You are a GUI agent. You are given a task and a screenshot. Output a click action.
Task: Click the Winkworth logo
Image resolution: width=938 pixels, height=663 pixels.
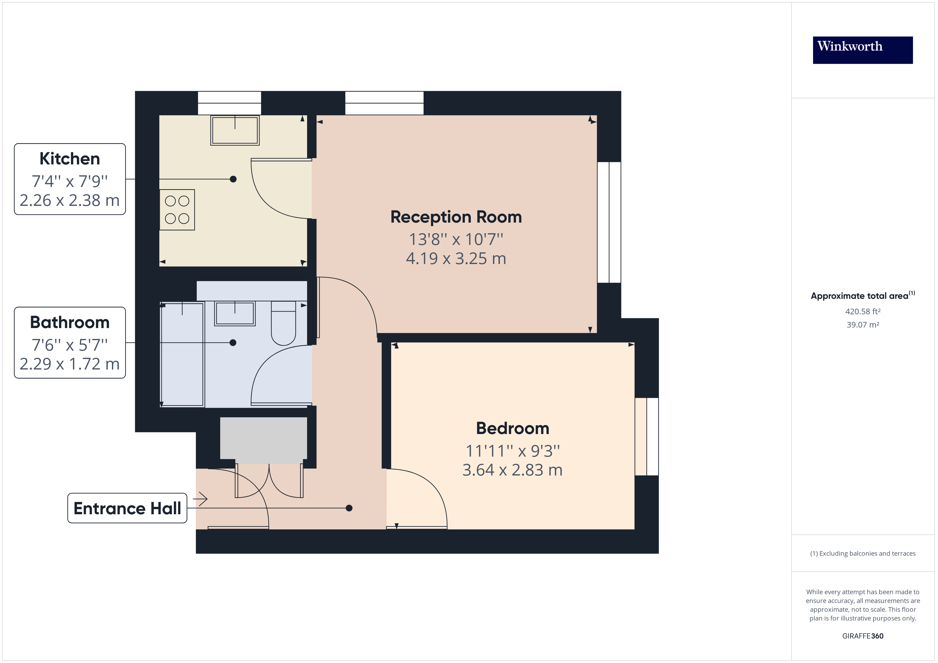click(x=862, y=50)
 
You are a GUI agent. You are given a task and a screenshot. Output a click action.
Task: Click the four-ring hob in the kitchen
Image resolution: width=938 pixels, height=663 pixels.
click(x=177, y=210)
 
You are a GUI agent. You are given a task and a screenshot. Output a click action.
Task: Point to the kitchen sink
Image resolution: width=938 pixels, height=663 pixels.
click(x=235, y=130)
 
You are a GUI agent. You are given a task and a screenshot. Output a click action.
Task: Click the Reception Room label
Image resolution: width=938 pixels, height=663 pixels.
click(x=456, y=217)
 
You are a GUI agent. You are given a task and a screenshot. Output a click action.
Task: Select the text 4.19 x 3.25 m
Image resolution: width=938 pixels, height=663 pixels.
click(x=456, y=258)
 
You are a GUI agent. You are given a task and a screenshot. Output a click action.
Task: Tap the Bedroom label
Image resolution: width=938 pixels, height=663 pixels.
click(x=512, y=428)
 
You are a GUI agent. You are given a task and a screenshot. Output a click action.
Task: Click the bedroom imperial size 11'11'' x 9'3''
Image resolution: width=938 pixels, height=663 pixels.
click(x=512, y=451)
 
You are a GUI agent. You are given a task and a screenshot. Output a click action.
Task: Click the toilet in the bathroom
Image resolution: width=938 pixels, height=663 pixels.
click(x=283, y=323)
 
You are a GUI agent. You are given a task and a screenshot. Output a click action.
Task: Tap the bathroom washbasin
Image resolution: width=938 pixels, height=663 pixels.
click(x=235, y=313)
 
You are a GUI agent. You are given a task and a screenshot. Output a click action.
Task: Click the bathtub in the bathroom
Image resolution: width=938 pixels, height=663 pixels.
click(x=182, y=354)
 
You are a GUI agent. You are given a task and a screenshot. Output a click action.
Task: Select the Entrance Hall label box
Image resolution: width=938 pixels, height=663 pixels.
click(x=127, y=508)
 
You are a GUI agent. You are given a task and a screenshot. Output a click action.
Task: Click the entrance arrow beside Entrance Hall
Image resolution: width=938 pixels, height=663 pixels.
click(x=200, y=499)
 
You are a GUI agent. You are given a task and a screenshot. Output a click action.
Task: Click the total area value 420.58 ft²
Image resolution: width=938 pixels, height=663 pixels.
click(x=862, y=312)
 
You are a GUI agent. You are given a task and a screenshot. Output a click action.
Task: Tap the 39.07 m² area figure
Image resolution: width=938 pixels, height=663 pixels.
click(x=862, y=325)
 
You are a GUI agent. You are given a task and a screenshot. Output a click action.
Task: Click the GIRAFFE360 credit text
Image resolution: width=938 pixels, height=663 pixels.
click(x=862, y=636)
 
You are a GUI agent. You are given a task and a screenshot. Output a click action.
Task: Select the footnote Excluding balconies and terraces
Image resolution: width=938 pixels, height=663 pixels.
click(x=862, y=554)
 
